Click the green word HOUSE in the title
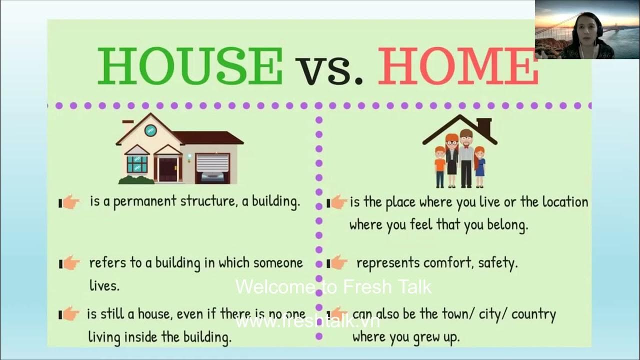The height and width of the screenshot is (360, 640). pos(190,66)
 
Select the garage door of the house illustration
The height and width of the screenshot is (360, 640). pos(212,165)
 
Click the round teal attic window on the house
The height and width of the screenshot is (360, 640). pos(150,130)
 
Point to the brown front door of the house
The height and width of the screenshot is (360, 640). pos(167,169)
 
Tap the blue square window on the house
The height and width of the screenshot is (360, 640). pos(137,164)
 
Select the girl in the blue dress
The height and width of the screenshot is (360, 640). pos(479,165)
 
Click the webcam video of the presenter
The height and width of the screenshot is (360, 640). pos(587,29)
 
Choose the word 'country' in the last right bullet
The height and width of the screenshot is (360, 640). pos(533,314)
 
